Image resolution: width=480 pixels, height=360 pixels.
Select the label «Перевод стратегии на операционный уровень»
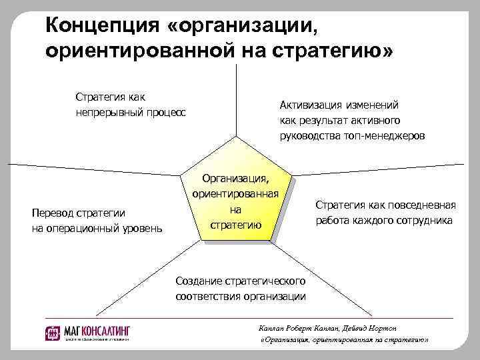(97, 221)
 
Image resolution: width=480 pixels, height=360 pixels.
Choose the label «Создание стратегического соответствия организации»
(241, 289)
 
